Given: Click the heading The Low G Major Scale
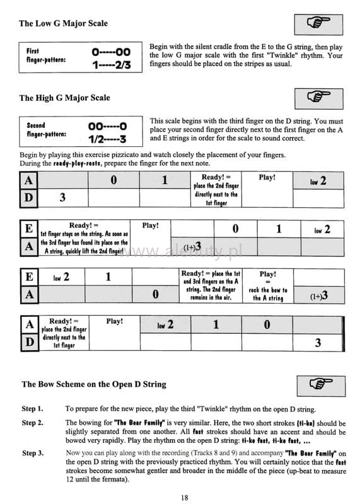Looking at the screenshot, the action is [x=64, y=23].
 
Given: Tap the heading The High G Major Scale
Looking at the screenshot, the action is [x=65, y=98].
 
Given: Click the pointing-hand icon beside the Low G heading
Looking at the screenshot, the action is [x=318, y=24].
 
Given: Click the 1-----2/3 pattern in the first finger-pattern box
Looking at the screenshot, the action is [x=112, y=65].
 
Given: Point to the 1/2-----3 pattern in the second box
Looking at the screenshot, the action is [x=107, y=139].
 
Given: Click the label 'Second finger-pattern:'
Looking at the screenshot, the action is [x=47, y=130].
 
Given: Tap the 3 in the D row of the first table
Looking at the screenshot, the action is [x=62, y=197].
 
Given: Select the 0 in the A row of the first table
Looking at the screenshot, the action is [x=113, y=180].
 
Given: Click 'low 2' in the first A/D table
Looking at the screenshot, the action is [x=318, y=181].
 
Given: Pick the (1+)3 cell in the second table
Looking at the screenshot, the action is [x=192, y=246].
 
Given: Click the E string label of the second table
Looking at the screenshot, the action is [x=29, y=229].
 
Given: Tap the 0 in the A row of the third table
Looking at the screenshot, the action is [x=155, y=294].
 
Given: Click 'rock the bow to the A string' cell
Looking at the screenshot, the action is [x=268, y=294].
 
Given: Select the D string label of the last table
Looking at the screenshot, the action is [x=30, y=342].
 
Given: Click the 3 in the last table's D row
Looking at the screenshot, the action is [x=318, y=343].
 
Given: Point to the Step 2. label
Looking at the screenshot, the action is [x=33, y=423].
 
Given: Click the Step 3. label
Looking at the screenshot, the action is [x=33, y=453].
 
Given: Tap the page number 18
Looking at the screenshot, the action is [x=184, y=498].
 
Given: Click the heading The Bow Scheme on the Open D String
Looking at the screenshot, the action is [x=94, y=384].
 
